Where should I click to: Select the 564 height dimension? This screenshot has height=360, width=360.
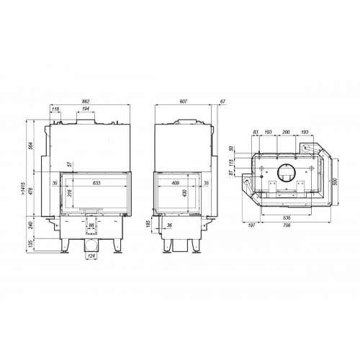30,144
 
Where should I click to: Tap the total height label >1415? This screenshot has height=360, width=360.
24,191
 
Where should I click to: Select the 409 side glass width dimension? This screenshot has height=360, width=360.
176,182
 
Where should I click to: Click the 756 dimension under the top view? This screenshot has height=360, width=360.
287,226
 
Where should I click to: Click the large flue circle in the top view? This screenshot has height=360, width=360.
283,173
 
